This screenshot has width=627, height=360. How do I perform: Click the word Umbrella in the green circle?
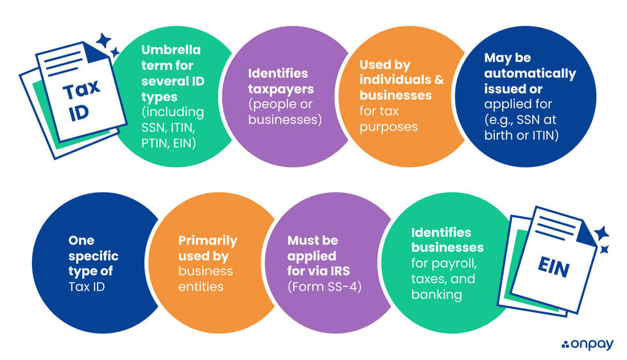(170, 50)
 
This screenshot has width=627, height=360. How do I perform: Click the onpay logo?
(588, 345)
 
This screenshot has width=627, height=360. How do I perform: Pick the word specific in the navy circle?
(94, 255)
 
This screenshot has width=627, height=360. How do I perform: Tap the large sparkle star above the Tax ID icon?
(103, 40)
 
